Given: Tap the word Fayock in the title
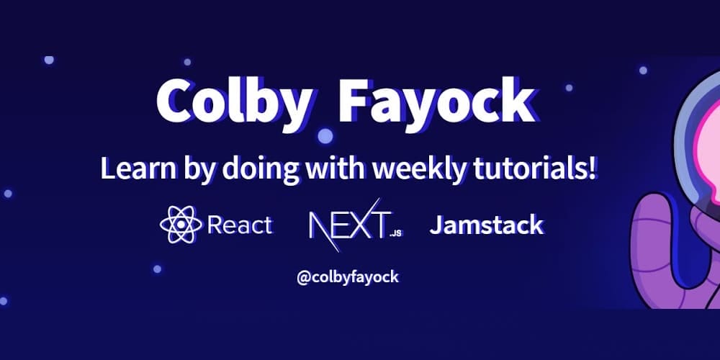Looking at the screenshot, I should [436, 102].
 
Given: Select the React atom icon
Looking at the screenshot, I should [180, 225].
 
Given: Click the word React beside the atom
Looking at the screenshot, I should [240, 225].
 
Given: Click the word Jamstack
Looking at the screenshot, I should [486, 225].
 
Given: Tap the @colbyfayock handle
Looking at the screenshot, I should [347, 276].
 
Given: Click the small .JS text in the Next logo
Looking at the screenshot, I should [395, 233].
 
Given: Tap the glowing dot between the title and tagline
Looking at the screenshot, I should [325, 135].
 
